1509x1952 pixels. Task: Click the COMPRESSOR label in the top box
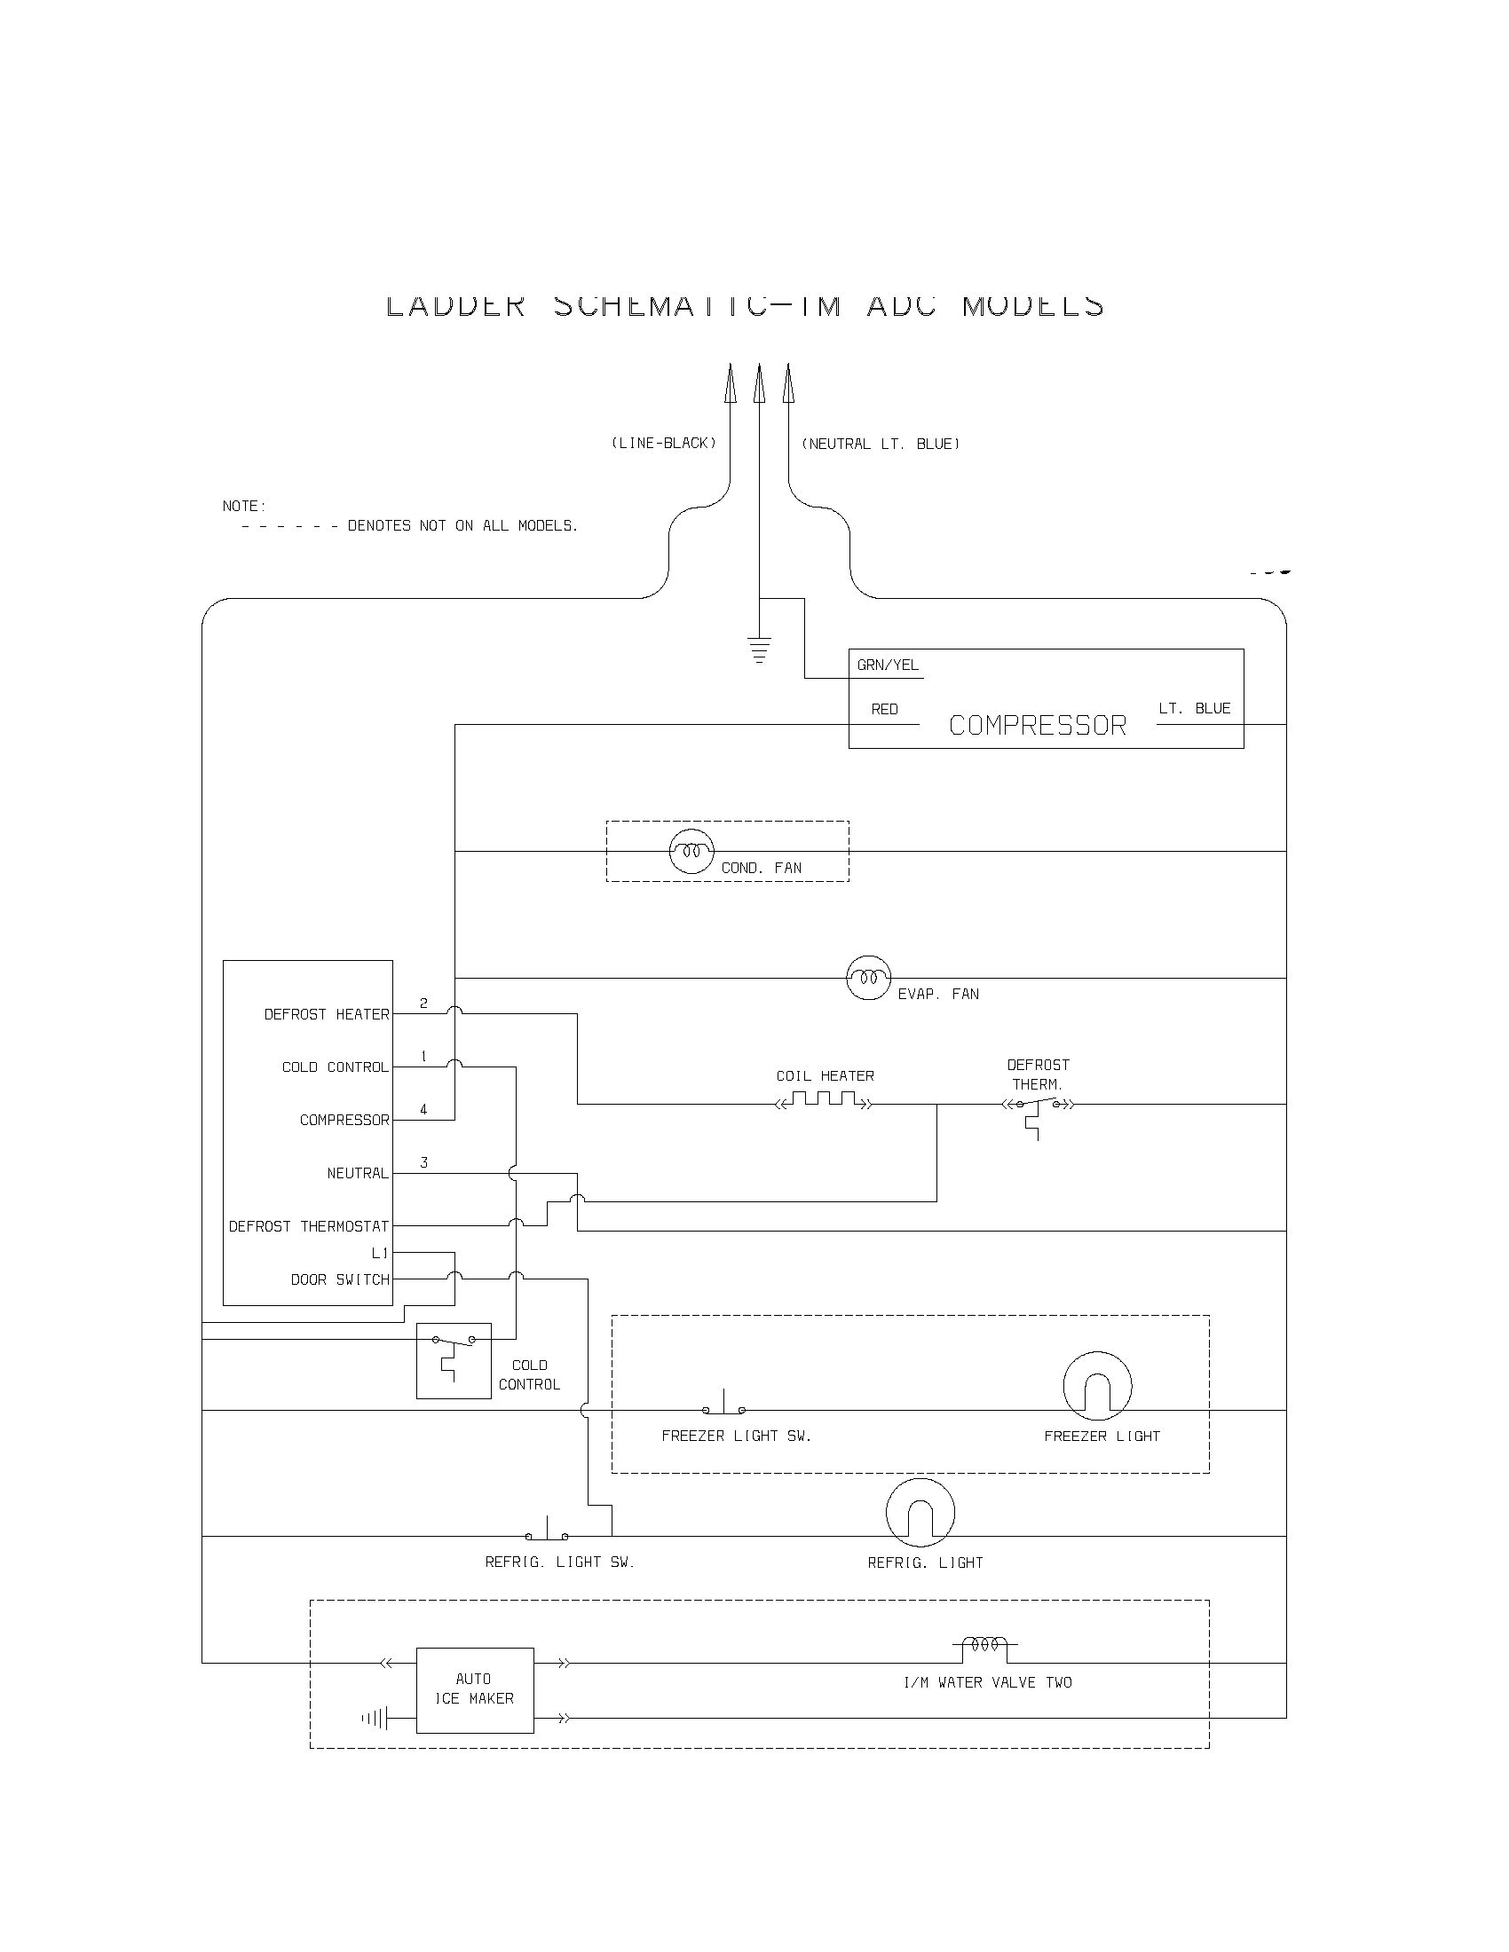(1037, 725)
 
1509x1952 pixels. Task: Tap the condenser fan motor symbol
(692, 851)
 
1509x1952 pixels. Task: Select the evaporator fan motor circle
(868, 978)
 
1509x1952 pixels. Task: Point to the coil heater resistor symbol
(824, 1099)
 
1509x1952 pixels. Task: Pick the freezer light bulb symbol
(1097, 1385)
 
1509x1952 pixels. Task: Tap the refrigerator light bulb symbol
(920, 1512)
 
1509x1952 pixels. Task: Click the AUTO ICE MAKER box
(475, 1690)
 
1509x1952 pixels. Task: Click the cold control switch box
(454, 1360)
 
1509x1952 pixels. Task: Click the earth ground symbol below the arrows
(759, 649)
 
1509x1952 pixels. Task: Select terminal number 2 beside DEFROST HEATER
(423, 1004)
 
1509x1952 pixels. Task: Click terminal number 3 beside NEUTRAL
(423, 1163)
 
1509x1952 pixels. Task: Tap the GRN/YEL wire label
(888, 665)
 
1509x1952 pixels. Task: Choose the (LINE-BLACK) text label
(663, 444)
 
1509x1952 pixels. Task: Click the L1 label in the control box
(380, 1253)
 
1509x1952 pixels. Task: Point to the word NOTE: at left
(244, 506)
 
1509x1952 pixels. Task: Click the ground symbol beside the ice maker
(375, 1718)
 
